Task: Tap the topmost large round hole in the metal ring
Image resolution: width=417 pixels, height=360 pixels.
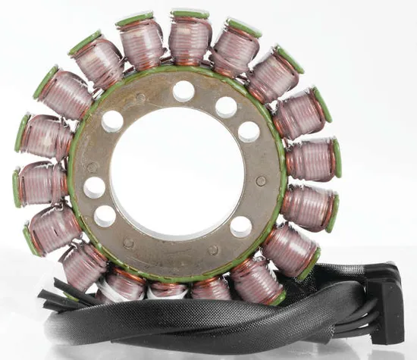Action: click(183, 92)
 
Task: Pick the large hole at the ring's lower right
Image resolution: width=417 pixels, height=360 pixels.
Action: click(241, 226)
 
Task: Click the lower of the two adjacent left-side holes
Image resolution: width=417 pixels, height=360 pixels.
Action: click(105, 216)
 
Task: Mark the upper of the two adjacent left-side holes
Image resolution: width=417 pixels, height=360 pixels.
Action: click(95, 187)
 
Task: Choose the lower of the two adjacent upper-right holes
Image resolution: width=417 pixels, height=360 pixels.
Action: click(249, 132)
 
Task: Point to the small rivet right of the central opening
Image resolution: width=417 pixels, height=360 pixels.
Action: click(262, 181)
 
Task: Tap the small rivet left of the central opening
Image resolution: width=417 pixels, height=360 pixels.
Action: click(92, 166)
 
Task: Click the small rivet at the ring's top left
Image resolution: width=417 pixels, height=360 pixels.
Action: click(140, 98)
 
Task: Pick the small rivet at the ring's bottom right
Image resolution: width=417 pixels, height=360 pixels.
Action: click(214, 249)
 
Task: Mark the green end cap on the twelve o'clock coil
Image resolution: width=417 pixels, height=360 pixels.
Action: click(189, 14)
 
